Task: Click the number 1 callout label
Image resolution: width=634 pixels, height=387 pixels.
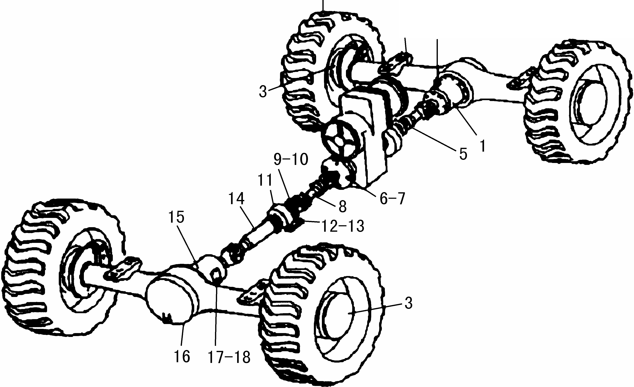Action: click(x=483, y=146)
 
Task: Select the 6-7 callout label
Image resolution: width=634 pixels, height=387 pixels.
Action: click(x=392, y=199)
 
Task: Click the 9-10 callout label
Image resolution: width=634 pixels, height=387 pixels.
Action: click(x=291, y=160)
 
